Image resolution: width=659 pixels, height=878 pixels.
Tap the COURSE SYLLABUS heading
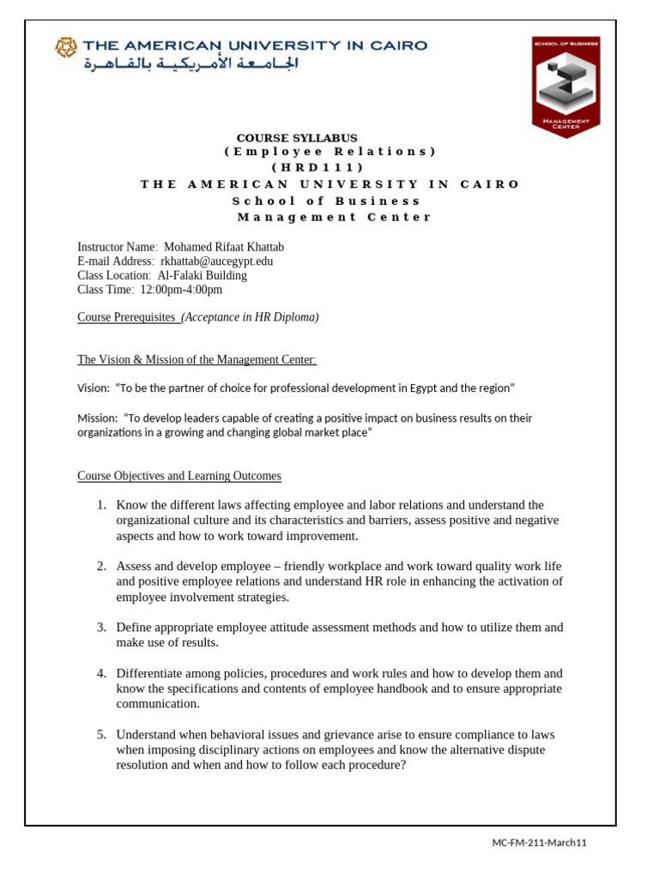pos(297,137)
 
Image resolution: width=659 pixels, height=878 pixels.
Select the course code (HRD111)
pos(329,168)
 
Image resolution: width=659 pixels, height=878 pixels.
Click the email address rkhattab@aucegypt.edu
pos(217,261)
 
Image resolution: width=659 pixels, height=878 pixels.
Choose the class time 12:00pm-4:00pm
pos(181,290)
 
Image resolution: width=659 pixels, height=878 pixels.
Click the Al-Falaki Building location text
pos(203,275)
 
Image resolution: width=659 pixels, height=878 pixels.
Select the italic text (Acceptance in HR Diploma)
pos(250,317)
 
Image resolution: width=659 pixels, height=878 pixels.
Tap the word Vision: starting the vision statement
pos(94,388)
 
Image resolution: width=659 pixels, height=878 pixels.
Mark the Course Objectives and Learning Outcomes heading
pos(179,476)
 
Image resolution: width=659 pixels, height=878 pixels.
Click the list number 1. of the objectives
pos(101,505)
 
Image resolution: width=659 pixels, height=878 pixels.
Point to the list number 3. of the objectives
pos(101,628)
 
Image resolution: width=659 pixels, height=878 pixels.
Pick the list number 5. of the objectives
pos(101,735)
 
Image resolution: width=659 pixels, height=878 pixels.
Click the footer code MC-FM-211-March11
pos(539,843)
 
